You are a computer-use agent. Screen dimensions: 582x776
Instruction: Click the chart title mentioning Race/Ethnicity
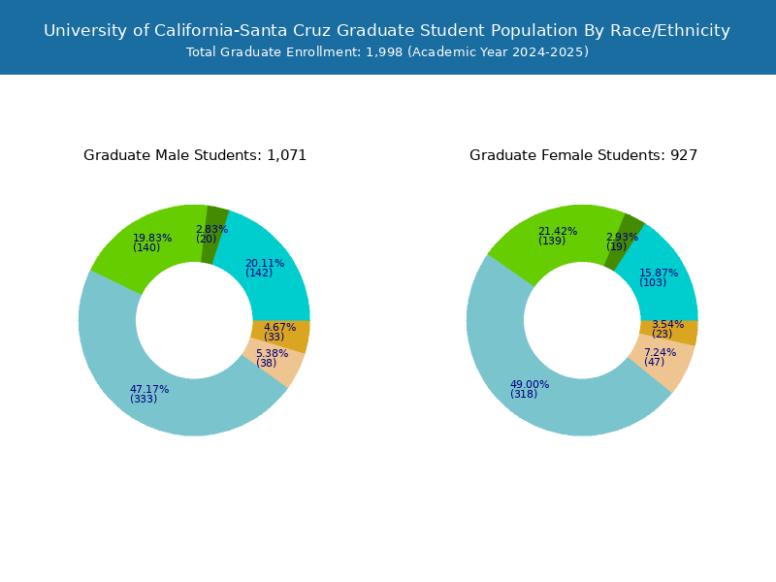pos(387,30)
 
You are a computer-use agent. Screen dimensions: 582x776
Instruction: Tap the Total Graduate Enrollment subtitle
pos(387,52)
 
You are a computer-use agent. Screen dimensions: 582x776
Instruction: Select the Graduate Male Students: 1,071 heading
pos(195,155)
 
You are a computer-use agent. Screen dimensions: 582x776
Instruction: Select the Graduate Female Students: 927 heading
pos(583,155)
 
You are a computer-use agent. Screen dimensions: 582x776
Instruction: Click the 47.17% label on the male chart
pos(149,390)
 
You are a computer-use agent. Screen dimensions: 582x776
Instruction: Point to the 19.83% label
pos(152,239)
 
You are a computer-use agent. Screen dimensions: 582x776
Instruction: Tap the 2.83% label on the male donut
pos(211,230)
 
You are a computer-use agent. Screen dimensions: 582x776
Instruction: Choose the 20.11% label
pos(265,264)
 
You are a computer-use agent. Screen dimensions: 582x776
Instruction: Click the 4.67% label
pos(279,328)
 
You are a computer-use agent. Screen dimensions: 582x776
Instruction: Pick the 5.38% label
pos(272,354)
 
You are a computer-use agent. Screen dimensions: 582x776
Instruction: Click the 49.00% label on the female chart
pos(530,385)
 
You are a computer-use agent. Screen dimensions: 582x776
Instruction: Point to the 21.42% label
pos(558,232)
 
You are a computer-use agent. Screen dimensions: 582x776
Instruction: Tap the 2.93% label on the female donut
pos(622,238)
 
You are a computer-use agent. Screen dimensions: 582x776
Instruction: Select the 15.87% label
pos(659,274)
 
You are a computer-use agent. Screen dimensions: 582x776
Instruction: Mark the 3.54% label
pos(667,325)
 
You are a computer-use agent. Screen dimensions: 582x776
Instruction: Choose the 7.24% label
pos(660,353)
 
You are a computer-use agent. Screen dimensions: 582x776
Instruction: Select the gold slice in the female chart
pos(681,333)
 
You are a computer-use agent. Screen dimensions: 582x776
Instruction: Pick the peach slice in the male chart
pos(280,366)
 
